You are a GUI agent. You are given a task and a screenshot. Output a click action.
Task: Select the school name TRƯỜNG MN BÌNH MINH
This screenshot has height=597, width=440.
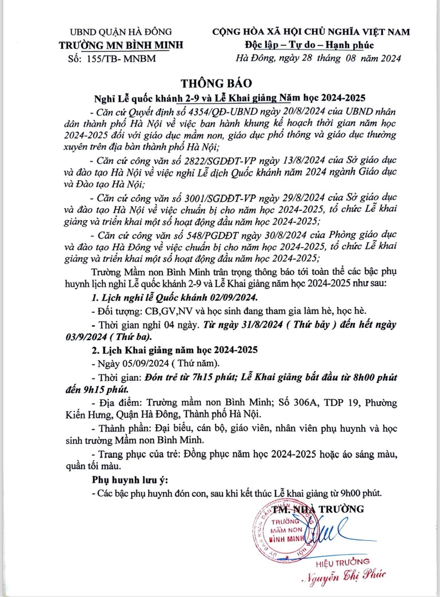121,45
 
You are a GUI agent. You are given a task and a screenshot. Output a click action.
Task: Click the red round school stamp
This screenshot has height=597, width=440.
279,528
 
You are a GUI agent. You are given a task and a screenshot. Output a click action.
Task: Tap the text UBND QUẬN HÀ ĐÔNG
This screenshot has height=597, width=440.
121,32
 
